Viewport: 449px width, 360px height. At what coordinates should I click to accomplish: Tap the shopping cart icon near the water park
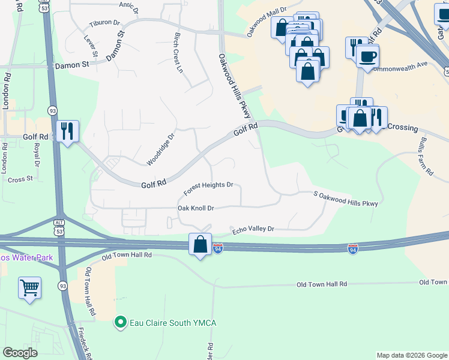point(29,289)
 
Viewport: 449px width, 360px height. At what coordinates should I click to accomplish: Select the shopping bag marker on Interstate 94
point(200,244)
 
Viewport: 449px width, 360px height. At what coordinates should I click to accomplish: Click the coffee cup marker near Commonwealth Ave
point(367,56)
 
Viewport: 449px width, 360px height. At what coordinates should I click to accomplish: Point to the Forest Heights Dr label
point(208,188)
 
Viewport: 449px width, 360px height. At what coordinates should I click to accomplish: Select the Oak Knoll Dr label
point(196,208)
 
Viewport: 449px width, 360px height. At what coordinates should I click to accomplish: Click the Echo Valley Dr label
point(253,229)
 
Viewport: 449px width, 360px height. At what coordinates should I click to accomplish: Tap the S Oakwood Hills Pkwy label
point(346,199)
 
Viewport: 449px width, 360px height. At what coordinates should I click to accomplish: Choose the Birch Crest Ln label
point(178,52)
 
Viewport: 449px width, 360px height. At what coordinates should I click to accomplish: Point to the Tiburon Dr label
point(104,23)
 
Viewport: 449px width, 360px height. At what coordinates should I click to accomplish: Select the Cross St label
point(20,179)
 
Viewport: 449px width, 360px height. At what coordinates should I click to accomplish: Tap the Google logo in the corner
point(21,353)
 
